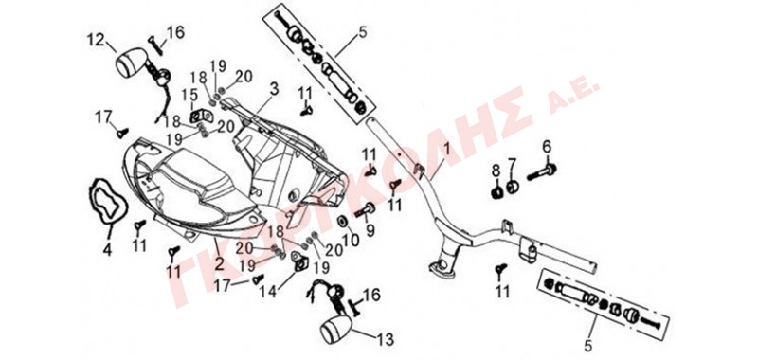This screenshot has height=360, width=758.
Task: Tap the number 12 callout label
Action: coord(96,40)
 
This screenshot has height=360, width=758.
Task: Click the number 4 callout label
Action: coord(107,250)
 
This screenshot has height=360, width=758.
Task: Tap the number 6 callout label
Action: coord(547,146)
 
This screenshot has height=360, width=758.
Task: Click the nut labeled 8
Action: coord(496,192)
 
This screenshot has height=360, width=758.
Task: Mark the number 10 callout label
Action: coord(352,239)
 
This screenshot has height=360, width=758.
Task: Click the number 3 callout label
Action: coord(274,89)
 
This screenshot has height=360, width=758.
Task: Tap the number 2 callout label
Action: coord(220,263)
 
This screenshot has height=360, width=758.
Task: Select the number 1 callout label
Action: coord(447,152)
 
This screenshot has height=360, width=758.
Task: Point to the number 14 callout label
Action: coord(267,291)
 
